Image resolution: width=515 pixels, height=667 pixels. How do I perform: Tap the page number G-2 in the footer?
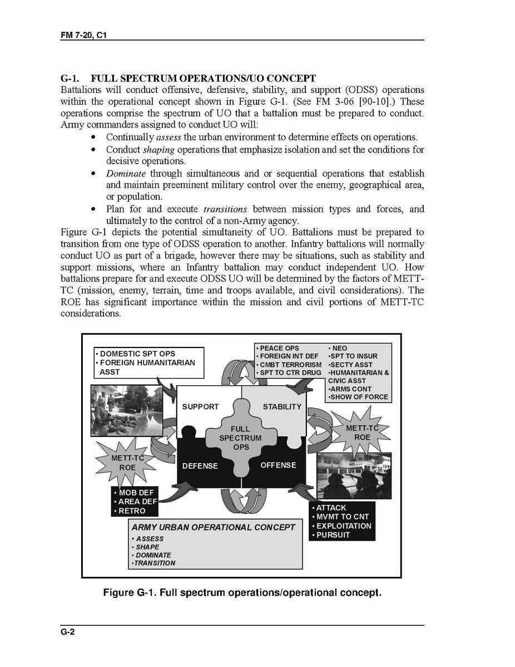(x=68, y=632)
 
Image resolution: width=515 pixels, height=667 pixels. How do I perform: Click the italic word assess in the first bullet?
(x=169, y=137)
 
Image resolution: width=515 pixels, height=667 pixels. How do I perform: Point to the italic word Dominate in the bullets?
(x=126, y=174)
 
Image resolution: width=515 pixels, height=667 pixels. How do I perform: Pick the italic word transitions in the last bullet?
(x=225, y=209)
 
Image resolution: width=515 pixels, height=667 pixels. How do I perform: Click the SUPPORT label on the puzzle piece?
(x=200, y=406)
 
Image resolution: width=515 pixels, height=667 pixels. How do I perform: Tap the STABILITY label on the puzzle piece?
(x=282, y=406)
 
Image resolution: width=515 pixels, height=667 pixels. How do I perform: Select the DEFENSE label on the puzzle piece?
(x=200, y=465)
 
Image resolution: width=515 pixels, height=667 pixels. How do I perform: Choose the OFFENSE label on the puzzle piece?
(x=278, y=465)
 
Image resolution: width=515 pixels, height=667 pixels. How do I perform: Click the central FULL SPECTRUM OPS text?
(x=240, y=438)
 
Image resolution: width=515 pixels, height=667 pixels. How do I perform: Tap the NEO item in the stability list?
(x=339, y=348)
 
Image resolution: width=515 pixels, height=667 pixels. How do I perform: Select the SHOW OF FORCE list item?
(x=359, y=397)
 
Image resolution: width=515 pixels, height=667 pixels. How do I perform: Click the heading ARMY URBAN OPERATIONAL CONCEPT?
(x=213, y=527)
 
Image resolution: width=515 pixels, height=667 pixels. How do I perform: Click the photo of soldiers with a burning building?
(x=354, y=476)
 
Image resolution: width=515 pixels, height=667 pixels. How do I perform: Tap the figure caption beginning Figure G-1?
(x=242, y=592)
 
